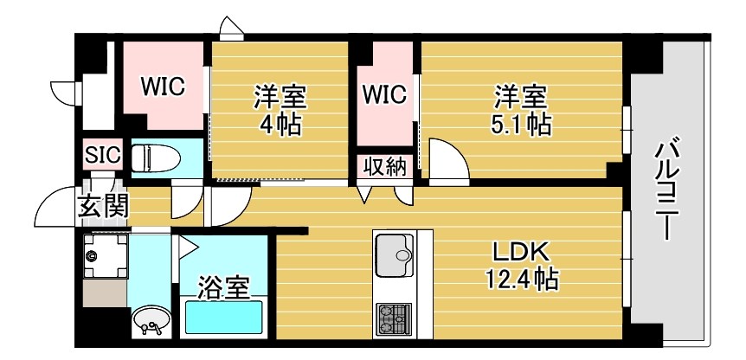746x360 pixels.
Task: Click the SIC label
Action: (x=103, y=156)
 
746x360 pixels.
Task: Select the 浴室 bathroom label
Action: (x=222, y=286)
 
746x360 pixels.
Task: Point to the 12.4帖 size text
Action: (x=520, y=280)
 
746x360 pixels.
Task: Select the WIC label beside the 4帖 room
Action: (x=163, y=87)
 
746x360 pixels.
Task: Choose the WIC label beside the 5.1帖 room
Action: (x=384, y=94)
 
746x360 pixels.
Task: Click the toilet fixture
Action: (x=157, y=157)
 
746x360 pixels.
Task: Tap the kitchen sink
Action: (x=396, y=253)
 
